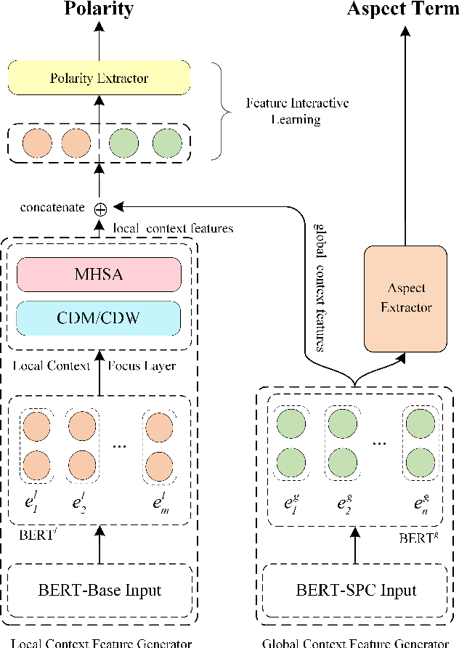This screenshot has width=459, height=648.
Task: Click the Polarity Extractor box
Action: pos(99,77)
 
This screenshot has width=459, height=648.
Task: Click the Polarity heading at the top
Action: pos(99,9)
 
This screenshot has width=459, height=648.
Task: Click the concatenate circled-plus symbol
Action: pos(101,208)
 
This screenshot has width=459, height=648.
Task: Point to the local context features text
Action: pos(174,228)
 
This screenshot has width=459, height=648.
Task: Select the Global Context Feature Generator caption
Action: pos(356,641)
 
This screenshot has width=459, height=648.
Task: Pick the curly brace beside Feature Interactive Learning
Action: pos(215,110)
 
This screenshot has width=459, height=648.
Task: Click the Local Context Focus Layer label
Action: pos(94,365)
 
